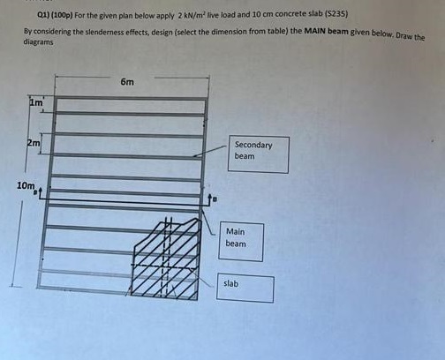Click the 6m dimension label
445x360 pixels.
127,82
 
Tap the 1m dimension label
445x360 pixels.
36,102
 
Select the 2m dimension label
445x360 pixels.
34,143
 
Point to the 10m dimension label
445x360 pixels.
26,185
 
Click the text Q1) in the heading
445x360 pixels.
44,15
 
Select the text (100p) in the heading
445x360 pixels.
62,15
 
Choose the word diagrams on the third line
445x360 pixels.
38,42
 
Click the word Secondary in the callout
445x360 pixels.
253,145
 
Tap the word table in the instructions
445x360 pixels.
280,31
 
